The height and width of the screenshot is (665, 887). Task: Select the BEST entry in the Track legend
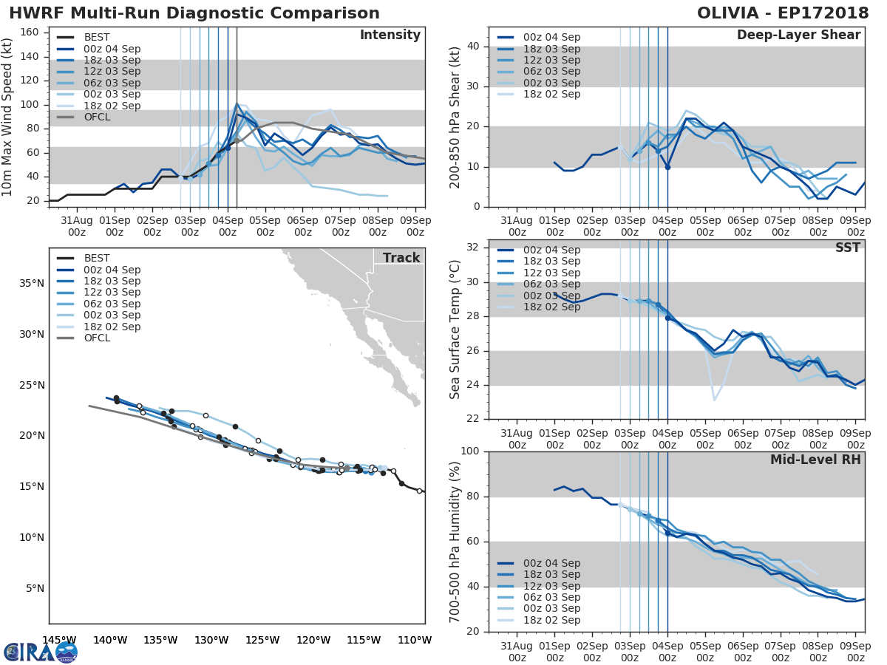click(97, 259)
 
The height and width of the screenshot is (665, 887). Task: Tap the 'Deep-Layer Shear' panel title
click(798, 35)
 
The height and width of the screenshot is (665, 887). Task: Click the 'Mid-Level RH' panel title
click(815, 460)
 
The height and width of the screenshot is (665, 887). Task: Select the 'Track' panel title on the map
click(401, 258)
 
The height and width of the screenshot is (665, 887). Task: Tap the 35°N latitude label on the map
click(31, 284)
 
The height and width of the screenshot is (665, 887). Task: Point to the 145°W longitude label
click(59, 640)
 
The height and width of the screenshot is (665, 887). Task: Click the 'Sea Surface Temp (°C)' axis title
click(455, 330)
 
